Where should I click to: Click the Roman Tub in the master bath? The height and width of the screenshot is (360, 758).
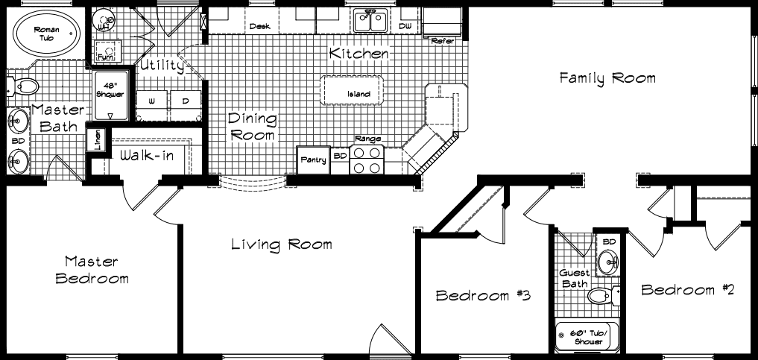pos(46,32)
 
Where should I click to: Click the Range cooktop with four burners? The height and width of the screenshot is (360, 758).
pos(367,160)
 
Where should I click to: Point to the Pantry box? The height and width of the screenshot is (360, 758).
pos(313,160)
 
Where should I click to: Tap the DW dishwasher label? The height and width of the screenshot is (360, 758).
pos(405,26)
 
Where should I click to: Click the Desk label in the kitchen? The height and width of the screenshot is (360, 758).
pos(260,26)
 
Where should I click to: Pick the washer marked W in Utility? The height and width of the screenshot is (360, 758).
pos(151,101)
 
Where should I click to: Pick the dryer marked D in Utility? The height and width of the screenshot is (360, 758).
pos(185,101)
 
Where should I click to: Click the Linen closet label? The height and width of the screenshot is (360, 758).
pos(96,140)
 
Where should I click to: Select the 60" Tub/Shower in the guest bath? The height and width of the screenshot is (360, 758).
pos(584,337)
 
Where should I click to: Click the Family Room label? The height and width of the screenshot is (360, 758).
pos(607,78)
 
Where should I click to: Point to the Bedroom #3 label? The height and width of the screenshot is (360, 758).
pos(482,296)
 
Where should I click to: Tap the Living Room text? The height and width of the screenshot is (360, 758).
pos(281,244)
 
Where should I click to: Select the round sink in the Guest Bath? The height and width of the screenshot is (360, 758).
pos(608,262)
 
